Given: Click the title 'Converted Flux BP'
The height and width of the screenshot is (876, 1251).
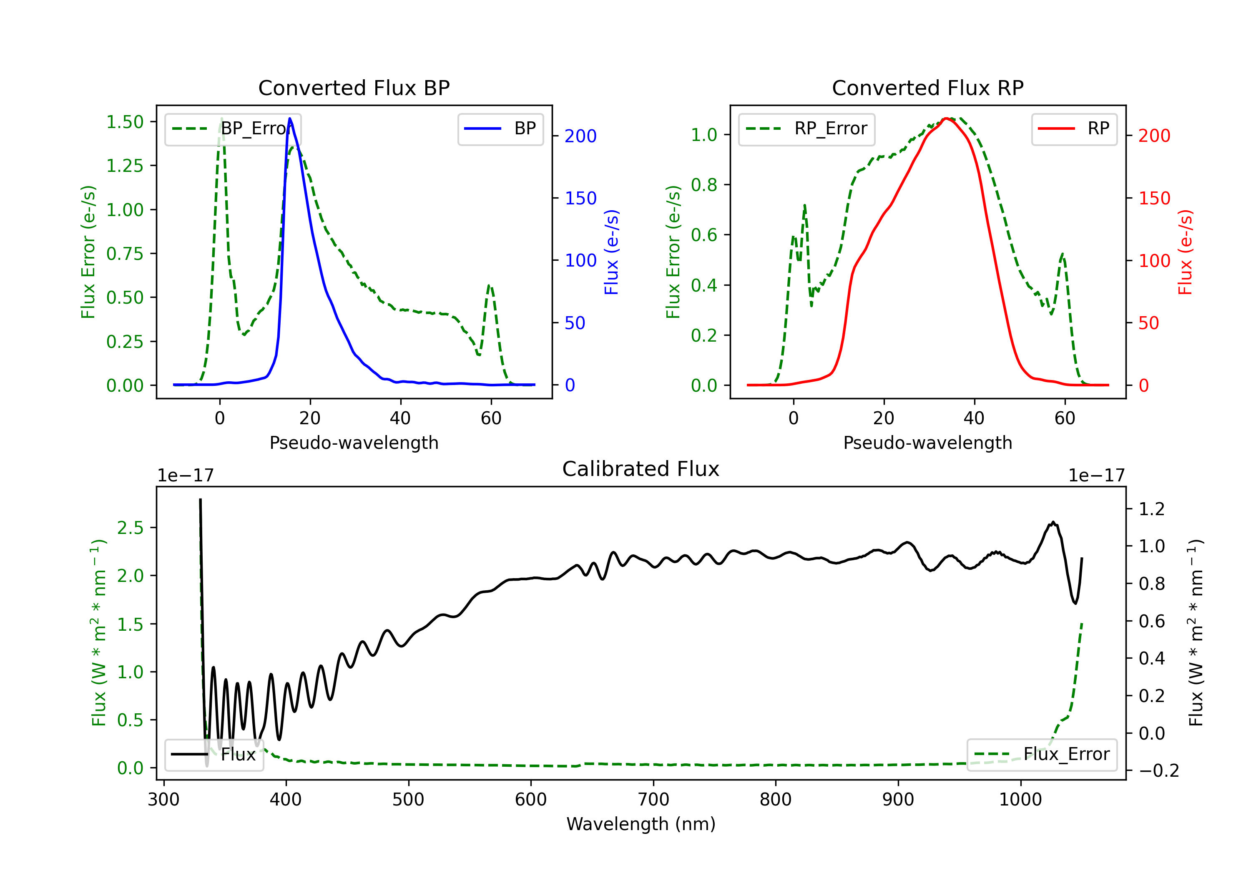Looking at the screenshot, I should point(354,88).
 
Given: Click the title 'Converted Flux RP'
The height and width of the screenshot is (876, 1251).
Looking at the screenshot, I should point(927,88).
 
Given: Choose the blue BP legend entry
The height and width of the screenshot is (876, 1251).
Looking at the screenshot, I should point(500,128).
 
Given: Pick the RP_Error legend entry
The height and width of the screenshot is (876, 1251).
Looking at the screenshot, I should point(806,128).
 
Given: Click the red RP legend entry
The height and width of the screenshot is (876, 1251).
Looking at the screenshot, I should point(1074,128).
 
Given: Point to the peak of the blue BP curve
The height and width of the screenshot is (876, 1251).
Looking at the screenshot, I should point(290,118).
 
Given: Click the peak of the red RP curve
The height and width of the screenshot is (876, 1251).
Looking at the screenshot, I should point(947,118).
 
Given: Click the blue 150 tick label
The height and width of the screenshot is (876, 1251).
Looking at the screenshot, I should point(580,199).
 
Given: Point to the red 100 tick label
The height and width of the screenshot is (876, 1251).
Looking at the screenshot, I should point(1154,261).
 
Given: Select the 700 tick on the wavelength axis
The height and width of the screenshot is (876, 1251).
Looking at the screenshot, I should point(653,799).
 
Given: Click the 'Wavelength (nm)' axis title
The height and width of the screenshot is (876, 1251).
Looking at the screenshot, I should point(641,824).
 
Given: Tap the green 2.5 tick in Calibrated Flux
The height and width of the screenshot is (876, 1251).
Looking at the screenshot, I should point(130,528).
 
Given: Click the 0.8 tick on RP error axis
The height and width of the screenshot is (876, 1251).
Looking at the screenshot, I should point(704,185).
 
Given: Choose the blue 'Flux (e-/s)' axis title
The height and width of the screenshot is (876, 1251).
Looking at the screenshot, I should point(612,252).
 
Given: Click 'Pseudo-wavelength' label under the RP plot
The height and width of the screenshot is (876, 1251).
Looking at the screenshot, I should point(927,443).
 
